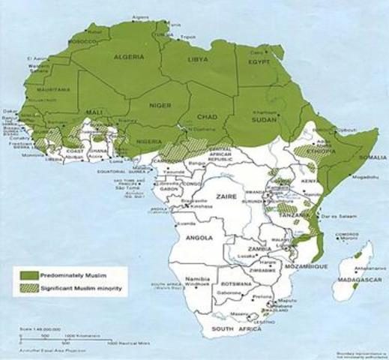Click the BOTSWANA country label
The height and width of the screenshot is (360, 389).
[239, 284]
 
